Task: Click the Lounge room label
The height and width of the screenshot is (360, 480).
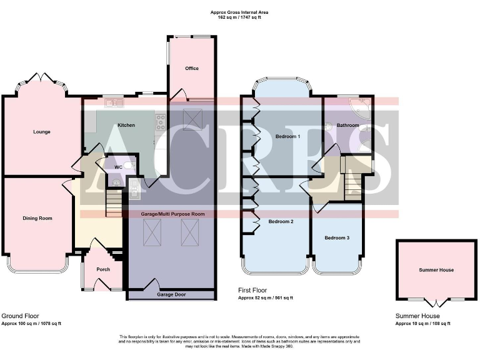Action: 42,132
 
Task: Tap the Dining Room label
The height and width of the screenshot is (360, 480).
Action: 37,218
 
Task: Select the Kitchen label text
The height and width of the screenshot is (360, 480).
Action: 126,125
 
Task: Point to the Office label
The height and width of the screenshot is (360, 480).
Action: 192,68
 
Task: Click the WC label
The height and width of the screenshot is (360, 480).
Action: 118,167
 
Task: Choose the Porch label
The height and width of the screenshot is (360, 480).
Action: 103,269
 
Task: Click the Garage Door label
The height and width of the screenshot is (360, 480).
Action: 169,294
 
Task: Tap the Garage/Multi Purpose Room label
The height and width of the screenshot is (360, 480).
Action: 172,214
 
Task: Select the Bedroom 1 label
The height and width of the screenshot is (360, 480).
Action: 287,136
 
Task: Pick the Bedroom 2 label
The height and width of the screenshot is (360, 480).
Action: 281,221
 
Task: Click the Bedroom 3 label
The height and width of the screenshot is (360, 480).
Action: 337,238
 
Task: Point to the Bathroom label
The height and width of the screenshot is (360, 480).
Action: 348,125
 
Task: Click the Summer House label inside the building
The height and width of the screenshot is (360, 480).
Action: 436,270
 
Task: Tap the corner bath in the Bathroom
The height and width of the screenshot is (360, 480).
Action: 361,108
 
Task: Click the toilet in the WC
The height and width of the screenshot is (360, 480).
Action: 129,166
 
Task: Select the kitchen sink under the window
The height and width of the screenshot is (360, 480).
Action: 114,102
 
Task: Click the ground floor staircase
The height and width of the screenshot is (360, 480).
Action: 113,203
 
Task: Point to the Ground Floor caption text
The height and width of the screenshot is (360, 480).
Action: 20,316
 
